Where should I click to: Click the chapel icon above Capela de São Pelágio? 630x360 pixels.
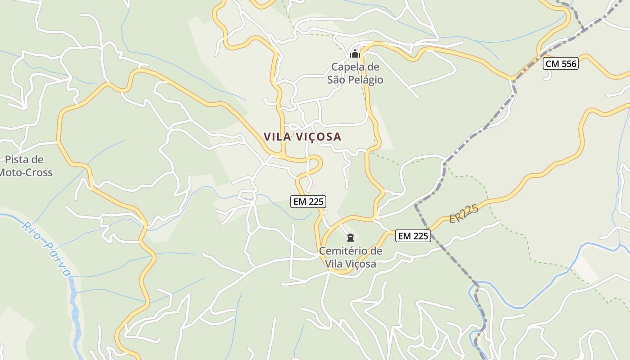(355, 54)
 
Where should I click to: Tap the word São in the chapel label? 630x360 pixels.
(336, 80)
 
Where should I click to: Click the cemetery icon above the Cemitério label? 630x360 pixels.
(351, 237)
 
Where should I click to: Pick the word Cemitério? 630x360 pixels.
(344, 251)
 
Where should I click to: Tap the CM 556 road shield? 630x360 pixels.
(560, 64)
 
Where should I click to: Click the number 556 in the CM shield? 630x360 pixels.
(568, 64)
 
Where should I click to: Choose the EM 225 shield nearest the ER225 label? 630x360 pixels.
(413, 235)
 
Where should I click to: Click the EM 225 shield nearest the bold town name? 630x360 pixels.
(308, 202)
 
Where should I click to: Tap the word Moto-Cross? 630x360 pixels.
(26, 172)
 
